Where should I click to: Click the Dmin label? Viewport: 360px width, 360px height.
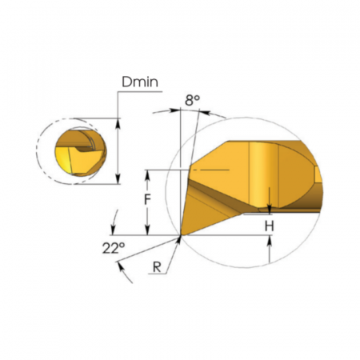tap(140, 82)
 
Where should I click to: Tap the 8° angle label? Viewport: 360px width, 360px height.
tap(192, 100)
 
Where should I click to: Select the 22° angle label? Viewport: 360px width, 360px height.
tap(114, 248)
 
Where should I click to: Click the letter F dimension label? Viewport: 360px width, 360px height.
tap(147, 199)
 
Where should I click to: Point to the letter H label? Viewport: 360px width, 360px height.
tap(270, 226)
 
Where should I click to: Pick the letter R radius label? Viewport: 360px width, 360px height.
tap(157, 266)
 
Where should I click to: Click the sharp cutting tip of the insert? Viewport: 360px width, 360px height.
tap(181, 235)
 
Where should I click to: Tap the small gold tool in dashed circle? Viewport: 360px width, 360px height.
tap(81, 152)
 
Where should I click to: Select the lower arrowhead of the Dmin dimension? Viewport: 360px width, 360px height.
tap(118, 178)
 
